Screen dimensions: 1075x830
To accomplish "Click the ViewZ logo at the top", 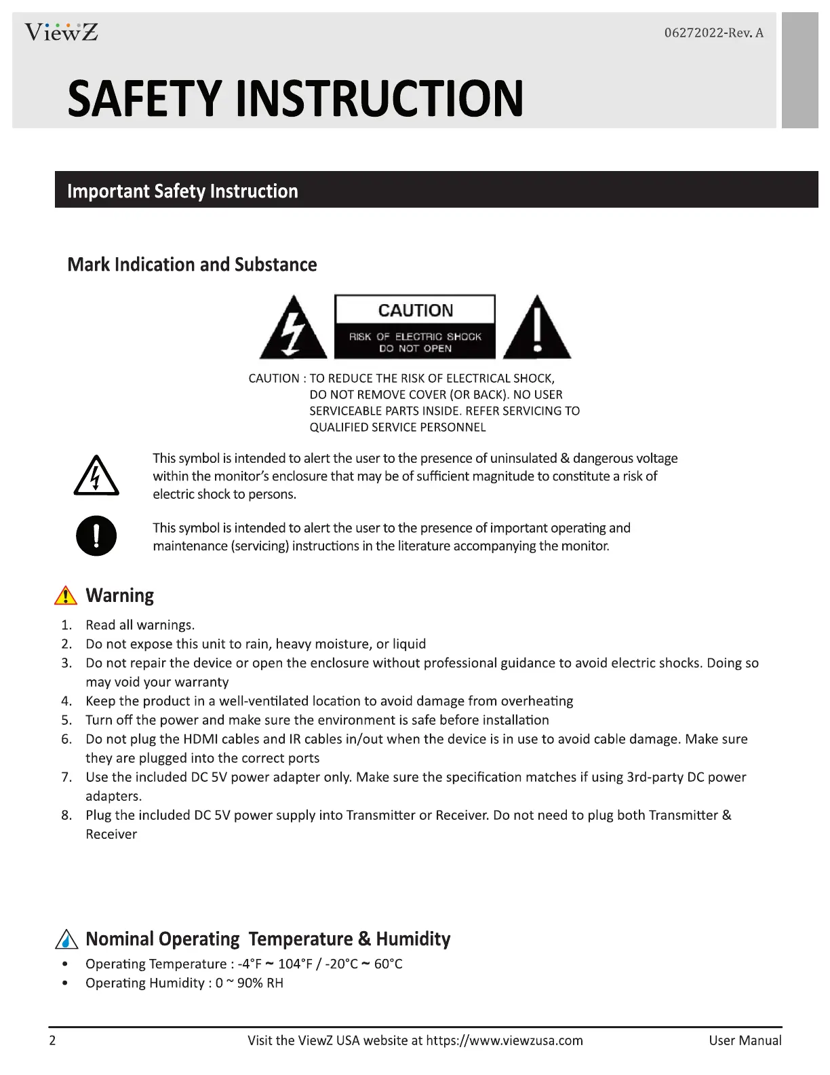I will [x=61, y=32].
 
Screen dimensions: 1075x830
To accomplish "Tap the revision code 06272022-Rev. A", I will [x=713, y=33].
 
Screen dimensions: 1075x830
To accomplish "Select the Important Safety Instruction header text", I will [x=182, y=191].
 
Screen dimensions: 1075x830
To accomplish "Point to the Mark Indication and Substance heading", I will [x=192, y=265].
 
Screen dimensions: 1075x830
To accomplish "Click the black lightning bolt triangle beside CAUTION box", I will [x=293, y=329].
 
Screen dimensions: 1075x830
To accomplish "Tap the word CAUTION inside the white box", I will [x=415, y=310].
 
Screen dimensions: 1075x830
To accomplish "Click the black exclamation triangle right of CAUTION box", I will [x=537, y=329].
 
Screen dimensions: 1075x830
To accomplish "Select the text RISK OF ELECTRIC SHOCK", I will [x=415, y=337].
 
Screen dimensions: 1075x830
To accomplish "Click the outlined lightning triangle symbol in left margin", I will [x=96, y=476].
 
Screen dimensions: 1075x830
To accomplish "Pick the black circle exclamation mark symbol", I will [x=96, y=536].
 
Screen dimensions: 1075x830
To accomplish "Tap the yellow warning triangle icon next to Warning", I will [x=66, y=595].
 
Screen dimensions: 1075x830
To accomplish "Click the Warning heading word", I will [x=120, y=595].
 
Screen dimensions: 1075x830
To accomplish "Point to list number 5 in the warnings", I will [x=66, y=720].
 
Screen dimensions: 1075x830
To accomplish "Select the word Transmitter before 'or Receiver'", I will [x=380, y=815].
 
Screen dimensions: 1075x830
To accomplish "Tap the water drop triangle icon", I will [x=66, y=939].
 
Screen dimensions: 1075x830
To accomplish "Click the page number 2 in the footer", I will [x=52, y=1040].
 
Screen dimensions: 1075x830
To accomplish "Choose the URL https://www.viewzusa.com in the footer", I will [x=505, y=1040].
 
